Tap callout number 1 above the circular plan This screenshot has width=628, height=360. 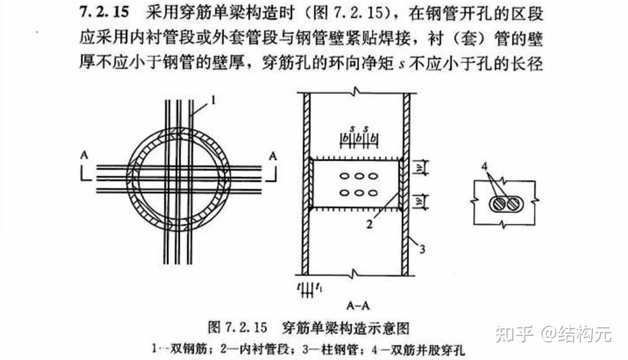213,100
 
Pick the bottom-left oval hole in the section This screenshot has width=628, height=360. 345,193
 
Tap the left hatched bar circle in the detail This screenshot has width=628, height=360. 497,205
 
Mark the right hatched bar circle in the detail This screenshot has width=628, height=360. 512,205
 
